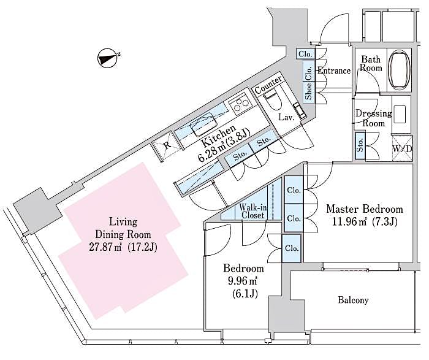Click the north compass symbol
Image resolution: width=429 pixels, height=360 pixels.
pyautogui.click(x=108, y=59)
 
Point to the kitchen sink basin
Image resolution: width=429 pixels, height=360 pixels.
pyautogui.click(x=203, y=126)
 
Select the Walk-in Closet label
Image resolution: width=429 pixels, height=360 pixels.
pyautogui.click(x=252, y=212)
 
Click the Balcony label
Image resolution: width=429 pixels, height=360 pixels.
pyautogui.click(x=353, y=301)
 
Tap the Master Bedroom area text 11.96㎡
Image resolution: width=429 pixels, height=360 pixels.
pyautogui.click(x=346, y=221)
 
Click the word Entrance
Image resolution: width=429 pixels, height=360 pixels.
pyautogui.click(x=333, y=71)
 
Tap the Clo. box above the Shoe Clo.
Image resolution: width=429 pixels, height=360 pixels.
pyautogui.click(x=305, y=54)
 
